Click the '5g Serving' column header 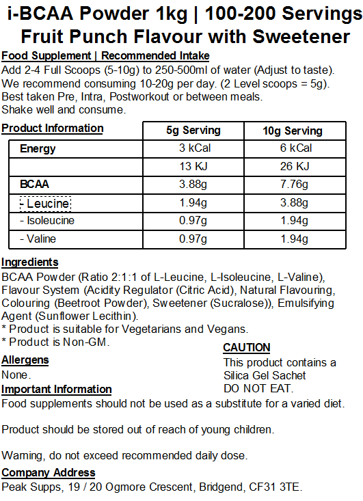click(193, 131)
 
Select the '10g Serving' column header click(293, 131)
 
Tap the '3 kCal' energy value click(193, 148)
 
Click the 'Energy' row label click(38, 148)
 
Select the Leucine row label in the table click(45, 203)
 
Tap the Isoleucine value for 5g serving click(193, 221)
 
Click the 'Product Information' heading click(53, 128)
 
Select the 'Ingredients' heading click(30, 262)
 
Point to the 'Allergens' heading click(25, 360)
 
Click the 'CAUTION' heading click(247, 347)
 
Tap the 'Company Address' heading click(49, 473)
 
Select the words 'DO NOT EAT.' click(258, 388)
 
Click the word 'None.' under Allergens click(16, 375)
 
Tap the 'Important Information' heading click(57, 389)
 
